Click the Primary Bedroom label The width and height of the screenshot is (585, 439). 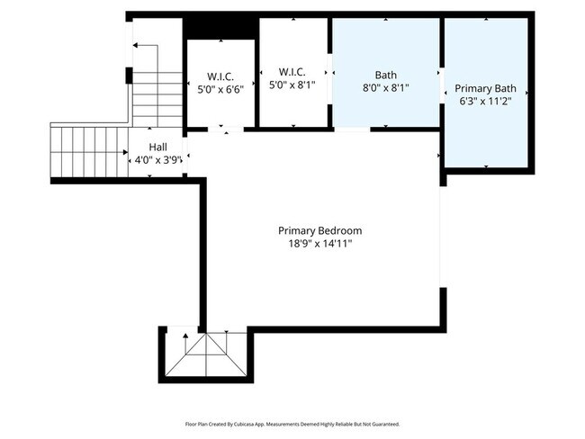(319, 230)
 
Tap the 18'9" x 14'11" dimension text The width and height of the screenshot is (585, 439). (319, 244)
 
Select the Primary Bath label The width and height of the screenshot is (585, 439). (485, 88)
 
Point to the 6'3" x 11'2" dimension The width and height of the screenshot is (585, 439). (485, 102)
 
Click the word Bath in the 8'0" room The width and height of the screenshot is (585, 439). (385, 76)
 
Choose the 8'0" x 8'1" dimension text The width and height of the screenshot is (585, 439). (385, 89)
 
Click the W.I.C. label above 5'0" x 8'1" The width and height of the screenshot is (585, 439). (292, 71)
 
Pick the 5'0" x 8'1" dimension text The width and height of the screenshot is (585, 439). (292, 85)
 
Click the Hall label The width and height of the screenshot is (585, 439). (157, 147)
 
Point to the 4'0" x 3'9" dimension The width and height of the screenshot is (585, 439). (157, 160)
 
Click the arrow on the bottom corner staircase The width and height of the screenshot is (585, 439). (186, 337)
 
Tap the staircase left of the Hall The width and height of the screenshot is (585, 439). (87, 151)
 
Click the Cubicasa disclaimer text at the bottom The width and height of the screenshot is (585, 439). (292, 424)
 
